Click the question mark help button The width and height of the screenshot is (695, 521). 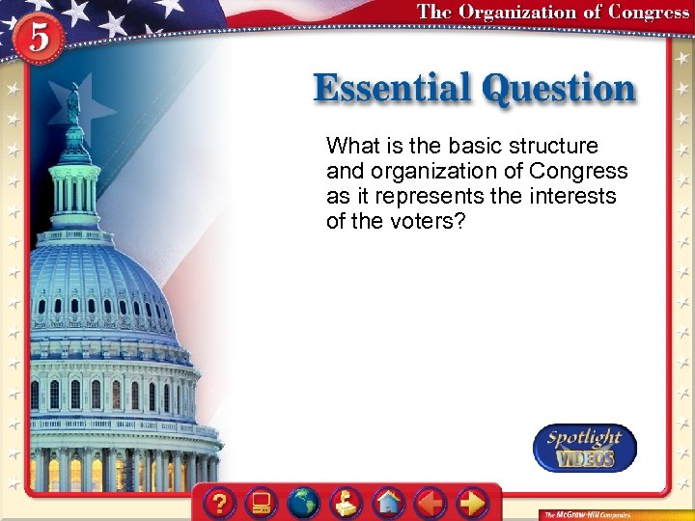(221, 504)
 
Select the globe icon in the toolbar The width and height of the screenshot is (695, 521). (305, 504)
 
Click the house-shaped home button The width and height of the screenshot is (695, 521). (389, 504)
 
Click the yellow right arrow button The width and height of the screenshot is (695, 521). (472, 504)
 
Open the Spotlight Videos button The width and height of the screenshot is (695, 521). (585, 448)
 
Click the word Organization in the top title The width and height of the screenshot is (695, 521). (522, 13)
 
